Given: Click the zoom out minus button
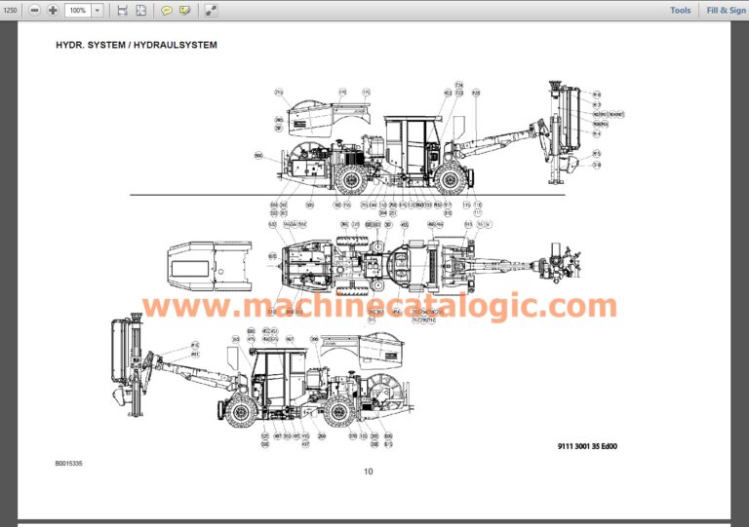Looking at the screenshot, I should tap(34, 10).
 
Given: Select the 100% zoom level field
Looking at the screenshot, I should tap(78, 10).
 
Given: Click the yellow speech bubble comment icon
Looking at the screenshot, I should tap(166, 10).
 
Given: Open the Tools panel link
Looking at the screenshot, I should tap(680, 10).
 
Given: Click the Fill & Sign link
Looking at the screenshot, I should tap(725, 10).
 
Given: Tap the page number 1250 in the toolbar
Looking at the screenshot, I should tap(11, 10).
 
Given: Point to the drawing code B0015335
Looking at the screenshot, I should tap(69, 464).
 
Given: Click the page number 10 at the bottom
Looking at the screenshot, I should tap(368, 471).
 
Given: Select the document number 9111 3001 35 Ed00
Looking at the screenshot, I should tap(588, 447).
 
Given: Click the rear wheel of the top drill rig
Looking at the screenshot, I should tap(349, 178).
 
